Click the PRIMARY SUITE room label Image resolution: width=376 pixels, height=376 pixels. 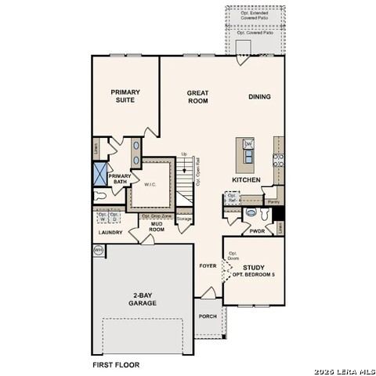125,96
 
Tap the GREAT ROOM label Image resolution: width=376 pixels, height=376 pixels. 197,96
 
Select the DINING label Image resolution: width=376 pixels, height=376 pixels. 260,97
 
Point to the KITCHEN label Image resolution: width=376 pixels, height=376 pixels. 246,180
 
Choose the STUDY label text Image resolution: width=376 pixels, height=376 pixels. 253,268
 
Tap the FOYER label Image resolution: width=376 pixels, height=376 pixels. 208,266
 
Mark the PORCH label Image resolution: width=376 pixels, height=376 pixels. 208,316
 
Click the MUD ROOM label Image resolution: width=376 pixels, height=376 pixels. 157,227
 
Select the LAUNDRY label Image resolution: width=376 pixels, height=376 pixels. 110,233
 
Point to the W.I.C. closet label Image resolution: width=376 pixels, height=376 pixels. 151,184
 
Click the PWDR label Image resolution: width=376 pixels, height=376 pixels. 256,231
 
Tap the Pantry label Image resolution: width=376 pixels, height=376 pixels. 273,201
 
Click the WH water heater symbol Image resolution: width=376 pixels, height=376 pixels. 99,250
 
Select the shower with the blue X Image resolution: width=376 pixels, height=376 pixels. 100,172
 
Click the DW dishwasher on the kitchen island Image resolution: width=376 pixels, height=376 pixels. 248,145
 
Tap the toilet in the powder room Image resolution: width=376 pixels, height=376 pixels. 251,212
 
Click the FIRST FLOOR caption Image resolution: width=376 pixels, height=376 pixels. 117,365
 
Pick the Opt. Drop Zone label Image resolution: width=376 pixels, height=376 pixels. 156,215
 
